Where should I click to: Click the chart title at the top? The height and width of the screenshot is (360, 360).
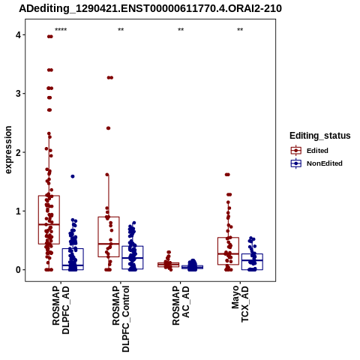[151, 9]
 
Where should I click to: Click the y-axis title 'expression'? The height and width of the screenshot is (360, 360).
[8, 150]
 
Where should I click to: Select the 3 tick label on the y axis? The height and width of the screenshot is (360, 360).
[18, 94]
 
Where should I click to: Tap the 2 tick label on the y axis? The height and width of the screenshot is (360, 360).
[18, 152]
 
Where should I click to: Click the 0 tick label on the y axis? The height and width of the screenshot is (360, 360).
[18, 270]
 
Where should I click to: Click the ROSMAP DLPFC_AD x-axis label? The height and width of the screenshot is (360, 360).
[61, 310]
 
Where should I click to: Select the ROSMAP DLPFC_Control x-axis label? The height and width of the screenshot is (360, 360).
[121, 319]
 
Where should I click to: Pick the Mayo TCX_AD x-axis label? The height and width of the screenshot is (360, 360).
[240, 304]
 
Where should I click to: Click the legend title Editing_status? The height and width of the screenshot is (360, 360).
[320, 136]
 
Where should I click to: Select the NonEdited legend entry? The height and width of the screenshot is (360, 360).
[316, 163]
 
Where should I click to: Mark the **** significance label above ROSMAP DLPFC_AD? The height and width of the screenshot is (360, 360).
[61, 30]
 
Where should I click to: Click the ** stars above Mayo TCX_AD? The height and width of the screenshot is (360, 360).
[240, 30]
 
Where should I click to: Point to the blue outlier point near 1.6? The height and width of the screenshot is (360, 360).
[73, 176]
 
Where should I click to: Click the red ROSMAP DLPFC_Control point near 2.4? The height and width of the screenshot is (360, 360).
[108, 128]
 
